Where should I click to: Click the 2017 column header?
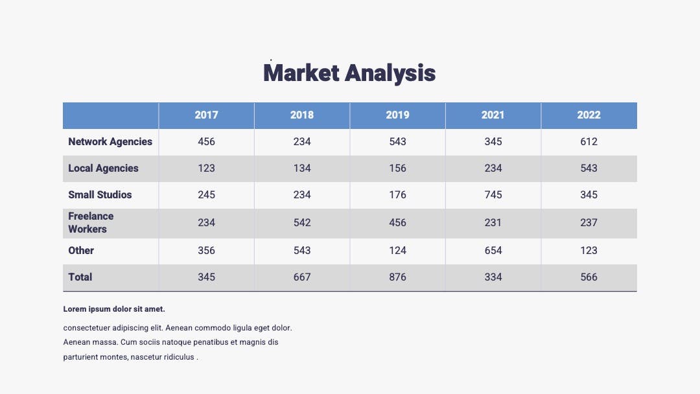coord(206,115)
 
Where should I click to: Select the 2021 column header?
coord(493,115)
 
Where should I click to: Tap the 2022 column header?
coord(589,115)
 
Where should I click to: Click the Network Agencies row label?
coord(110,142)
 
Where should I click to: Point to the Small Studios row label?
coord(100,195)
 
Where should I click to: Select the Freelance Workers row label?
coord(91,223)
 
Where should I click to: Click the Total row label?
coord(80,277)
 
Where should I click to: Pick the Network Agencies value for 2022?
coord(589,142)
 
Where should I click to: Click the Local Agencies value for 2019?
coord(397,168)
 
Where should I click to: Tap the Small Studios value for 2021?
coord(493,195)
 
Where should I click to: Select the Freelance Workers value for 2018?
coord(302,223)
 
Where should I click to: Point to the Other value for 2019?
coord(397,251)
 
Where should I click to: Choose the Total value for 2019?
coord(397,277)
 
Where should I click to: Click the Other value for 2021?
coord(493,251)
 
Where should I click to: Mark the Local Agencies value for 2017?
coord(206,168)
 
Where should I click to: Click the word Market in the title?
coord(301,73)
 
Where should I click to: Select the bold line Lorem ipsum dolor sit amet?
coord(114,308)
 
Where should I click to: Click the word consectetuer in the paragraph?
coord(87,328)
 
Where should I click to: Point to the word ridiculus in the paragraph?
coord(179,357)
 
